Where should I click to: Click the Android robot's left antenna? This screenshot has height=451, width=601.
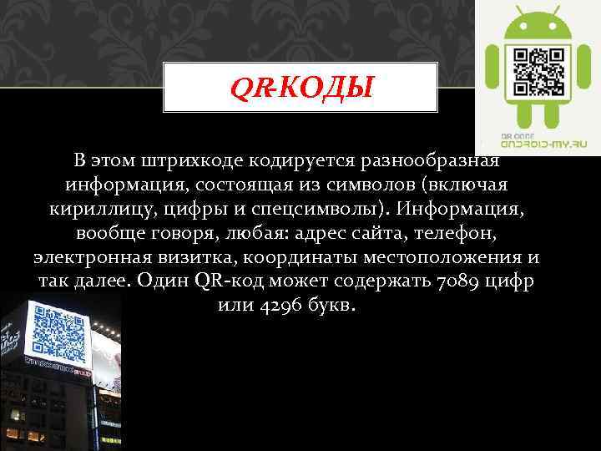(518, 12)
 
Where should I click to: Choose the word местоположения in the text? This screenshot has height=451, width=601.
(440, 256)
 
